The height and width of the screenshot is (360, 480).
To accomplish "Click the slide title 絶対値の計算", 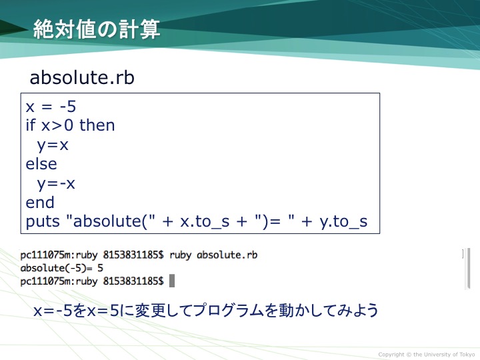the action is coord(97,29).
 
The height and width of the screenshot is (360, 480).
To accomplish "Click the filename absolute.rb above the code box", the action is coord(82,77).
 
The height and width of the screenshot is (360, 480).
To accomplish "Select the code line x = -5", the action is coord(51,107).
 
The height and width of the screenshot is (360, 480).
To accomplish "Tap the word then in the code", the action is coord(97,125).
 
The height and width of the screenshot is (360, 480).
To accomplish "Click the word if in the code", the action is coord(31,125).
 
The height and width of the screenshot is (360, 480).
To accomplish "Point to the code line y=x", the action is coord(53,145).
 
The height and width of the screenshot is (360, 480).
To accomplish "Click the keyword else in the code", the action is coord(41,164).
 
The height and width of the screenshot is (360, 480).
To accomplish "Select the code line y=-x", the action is coord(56,184).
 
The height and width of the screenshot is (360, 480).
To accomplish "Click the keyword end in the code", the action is coord(40,203).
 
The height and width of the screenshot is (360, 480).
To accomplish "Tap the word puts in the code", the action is coord(43,221).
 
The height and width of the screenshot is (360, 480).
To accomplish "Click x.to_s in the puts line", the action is coord(205,221).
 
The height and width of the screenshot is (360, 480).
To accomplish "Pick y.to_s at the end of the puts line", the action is coord(343,221).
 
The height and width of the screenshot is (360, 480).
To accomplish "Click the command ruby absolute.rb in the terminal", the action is coord(213,255).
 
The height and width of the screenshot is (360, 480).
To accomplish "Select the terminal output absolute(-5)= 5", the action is coord(61,268).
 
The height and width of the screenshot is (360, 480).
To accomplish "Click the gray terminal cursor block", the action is coord(172,281).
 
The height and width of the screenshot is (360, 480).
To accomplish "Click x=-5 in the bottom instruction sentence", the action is coord(53,311).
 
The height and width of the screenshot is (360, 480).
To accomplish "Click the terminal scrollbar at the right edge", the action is coord(468,269).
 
